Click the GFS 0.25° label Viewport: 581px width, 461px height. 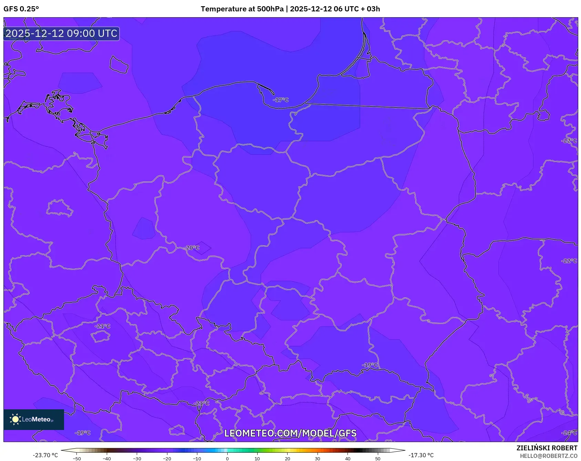[21, 9]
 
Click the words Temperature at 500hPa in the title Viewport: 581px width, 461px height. [242, 9]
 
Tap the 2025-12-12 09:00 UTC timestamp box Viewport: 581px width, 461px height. [61, 34]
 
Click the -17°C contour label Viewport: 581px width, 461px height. [281, 100]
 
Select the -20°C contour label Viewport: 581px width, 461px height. [192, 248]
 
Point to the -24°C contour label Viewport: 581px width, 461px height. [569, 433]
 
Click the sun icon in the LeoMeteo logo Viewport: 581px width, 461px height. [15, 419]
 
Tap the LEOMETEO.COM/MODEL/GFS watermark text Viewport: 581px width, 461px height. [290, 433]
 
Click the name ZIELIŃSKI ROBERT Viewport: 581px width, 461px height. [547, 448]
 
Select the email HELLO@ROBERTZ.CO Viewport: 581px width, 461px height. [548, 456]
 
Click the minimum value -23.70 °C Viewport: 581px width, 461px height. [45, 455]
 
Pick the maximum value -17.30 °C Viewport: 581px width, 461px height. [421, 455]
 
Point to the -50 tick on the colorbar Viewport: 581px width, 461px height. [77, 459]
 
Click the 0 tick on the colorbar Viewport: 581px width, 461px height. [227, 459]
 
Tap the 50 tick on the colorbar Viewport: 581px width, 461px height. [378, 459]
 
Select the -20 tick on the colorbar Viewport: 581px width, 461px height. [167, 459]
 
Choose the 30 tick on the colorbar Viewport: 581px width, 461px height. [318, 459]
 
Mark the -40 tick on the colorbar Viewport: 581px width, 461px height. [107, 459]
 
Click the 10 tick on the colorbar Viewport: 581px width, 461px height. [257, 459]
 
